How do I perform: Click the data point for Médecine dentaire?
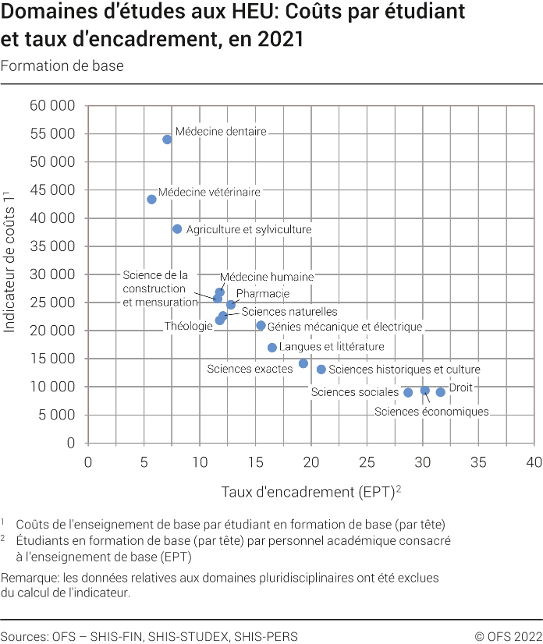click(167, 140)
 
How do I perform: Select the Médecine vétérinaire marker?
click(151, 200)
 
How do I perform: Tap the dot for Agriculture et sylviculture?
click(177, 229)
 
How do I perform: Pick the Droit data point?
click(441, 392)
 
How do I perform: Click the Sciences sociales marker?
click(408, 392)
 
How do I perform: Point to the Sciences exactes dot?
click(303, 363)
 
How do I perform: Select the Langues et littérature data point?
click(272, 348)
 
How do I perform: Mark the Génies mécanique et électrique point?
click(261, 326)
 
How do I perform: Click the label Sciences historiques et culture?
click(404, 370)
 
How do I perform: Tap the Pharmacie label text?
click(262, 294)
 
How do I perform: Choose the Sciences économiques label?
click(431, 412)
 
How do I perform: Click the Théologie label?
click(188, 326)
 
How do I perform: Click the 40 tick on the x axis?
click(534, 462)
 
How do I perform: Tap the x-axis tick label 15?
click(255, 462)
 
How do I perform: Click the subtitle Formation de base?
click(62, 66)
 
